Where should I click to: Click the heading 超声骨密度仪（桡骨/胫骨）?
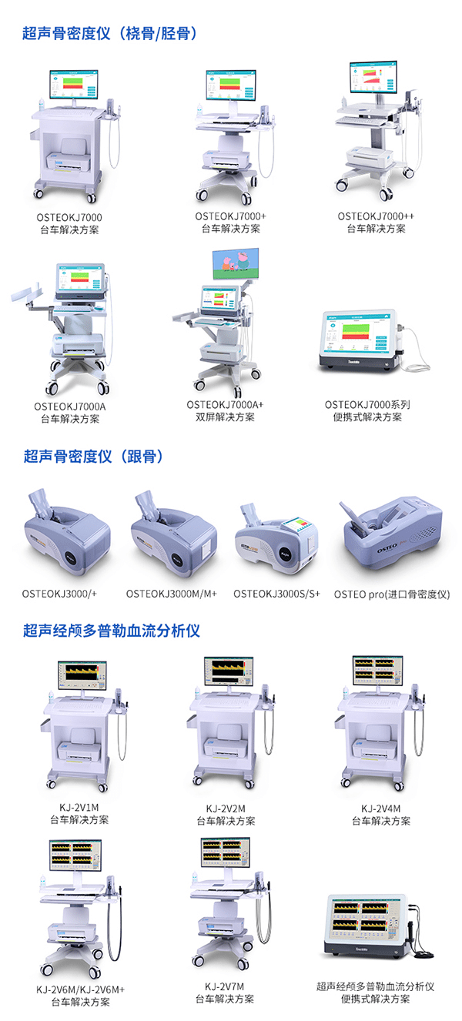(x=110, y=33)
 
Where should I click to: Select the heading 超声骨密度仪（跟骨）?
(x=93, y=457)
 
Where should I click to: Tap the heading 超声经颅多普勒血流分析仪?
(x=112, y=631)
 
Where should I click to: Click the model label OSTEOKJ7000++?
(x=376, y=216)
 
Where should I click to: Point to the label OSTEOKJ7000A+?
(x=225, y=404)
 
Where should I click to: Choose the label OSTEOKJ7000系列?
(x=367, y=404)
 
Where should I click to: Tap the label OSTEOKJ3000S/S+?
(x=276, y=594)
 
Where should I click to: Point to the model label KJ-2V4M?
(x=381, y=808)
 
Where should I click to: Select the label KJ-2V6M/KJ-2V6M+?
(x=80, y=989)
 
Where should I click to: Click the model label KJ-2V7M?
(x=225, y=986)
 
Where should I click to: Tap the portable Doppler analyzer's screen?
(x=365, y=921)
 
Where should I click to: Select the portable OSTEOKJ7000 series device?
(x=360, y=340)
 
